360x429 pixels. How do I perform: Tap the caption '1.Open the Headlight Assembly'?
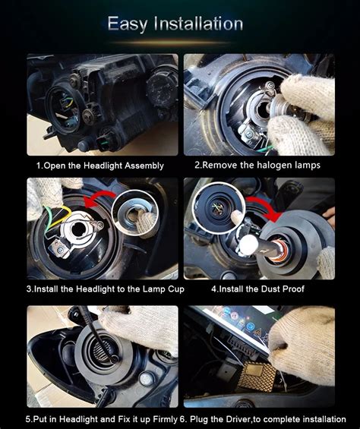click(99, 165)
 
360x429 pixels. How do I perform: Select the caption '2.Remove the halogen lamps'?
click(257, 165)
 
